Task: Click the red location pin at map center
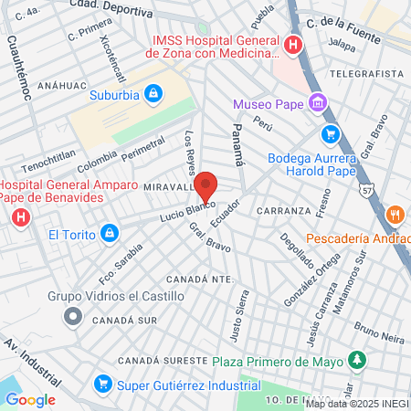click(205, 185)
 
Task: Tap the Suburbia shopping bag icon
click(154, 93)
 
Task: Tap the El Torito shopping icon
click(109, 234)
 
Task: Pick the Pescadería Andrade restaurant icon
click(395, 215)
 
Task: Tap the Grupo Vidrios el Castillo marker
click(72, 316)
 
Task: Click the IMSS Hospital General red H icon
click(292, 45)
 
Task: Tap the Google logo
click(30, 399)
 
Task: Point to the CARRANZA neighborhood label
click(284, 211)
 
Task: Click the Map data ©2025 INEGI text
click(356, 403)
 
